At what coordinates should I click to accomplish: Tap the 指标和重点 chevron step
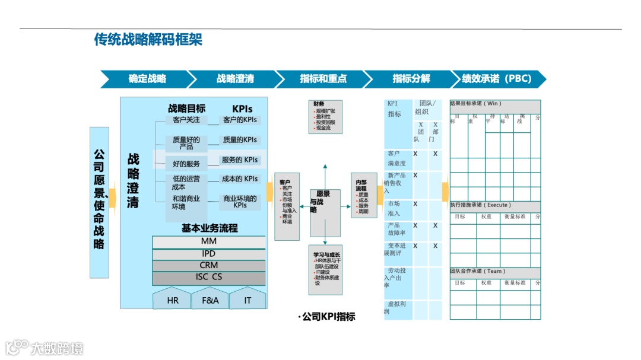(323, 79)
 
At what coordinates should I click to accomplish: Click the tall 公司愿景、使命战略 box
(99, 202)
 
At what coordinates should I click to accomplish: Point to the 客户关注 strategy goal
(186, 120)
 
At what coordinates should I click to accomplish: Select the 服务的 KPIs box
(240, 160)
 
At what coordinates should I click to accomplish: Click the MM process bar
(208, 241)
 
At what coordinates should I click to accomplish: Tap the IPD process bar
(208, 254)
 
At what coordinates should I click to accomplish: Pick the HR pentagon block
(172, 299)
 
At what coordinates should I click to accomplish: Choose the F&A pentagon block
(210, 299)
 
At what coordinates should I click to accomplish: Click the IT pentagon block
(247, 299)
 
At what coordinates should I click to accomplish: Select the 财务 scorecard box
(325, 116)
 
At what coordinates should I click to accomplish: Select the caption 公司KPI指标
(328, 317)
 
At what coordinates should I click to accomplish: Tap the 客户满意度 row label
(396, 158)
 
